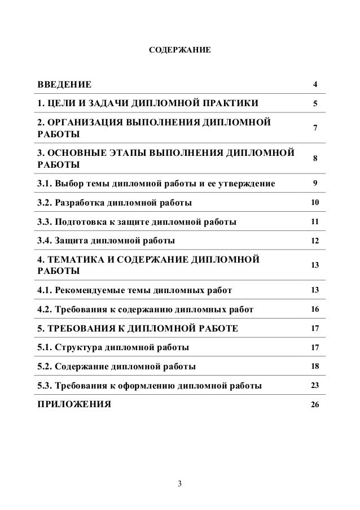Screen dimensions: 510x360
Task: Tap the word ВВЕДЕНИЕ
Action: (63, 85)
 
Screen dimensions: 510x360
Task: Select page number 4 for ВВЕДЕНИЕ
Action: (315, 85)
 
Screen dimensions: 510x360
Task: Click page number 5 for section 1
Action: (315, 104)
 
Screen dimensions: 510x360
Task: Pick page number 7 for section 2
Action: (315, 129)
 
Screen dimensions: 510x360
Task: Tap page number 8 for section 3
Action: (315, 159)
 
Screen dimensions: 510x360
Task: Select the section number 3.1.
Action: (44, 184)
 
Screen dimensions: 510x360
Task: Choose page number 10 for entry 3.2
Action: (315, 203)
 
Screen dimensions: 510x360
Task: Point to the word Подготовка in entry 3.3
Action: (80, 222)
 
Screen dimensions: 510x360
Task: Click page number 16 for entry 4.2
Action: (315, 310)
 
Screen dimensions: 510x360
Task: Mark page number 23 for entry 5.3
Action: (315, 385)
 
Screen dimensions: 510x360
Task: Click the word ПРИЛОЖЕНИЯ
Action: (74, 405)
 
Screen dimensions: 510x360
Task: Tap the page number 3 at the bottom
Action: (180, 483)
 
